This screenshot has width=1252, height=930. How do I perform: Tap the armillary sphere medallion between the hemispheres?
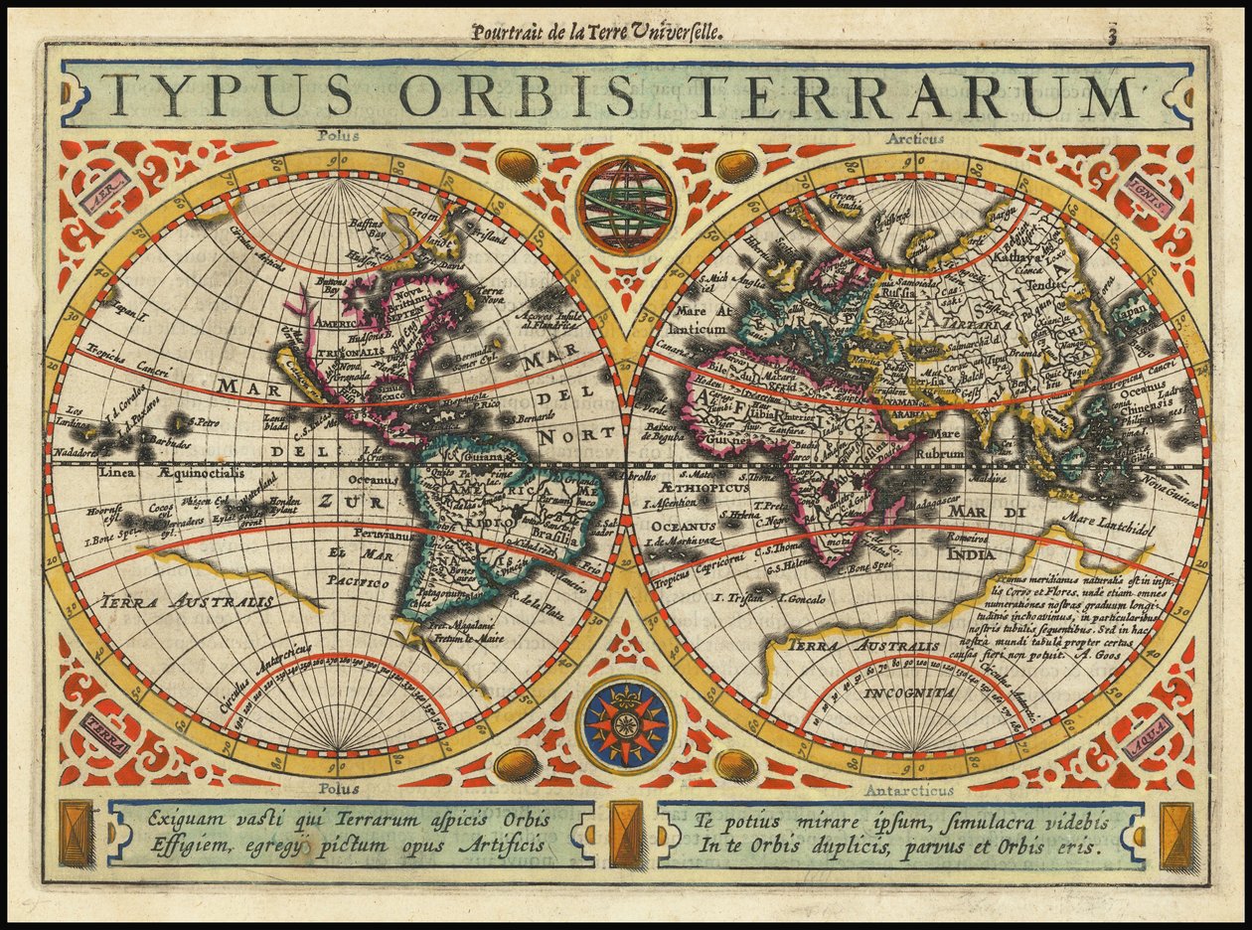pos(625,206)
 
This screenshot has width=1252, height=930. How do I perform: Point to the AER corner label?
pos(106,186)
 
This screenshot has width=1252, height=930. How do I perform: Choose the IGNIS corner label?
pos(1149,184)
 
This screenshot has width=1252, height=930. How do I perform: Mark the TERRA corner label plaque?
pos(105,733)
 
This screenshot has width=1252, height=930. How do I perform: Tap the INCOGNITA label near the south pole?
pos(909,693)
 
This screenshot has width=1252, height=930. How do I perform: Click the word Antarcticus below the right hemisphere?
pos(908,791)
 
